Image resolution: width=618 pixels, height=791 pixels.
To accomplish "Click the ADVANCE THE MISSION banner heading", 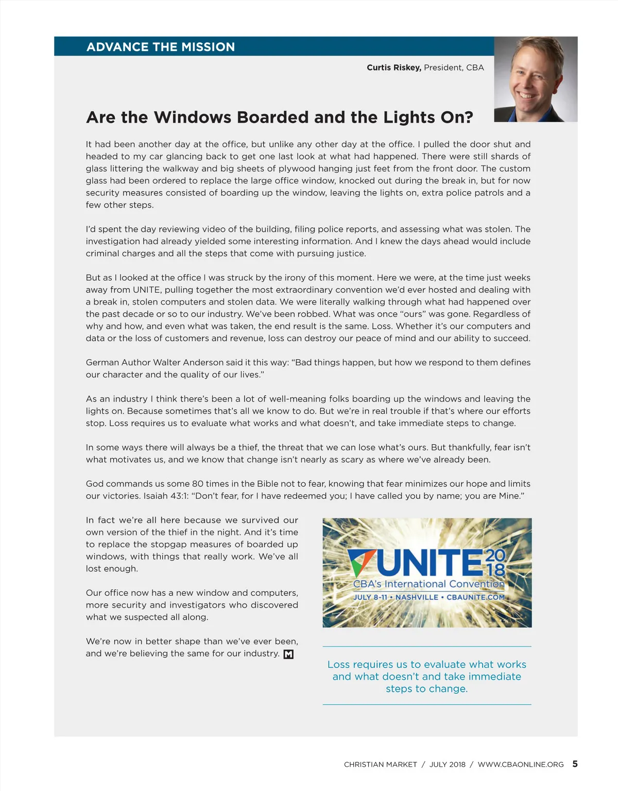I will (161, 47).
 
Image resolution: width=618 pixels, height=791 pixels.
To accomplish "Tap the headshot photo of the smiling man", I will (535, 79).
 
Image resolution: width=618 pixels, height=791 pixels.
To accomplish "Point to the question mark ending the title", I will (469, 117).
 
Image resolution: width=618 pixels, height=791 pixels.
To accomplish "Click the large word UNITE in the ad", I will (431, 563).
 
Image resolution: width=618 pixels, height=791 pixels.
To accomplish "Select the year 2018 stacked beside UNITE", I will (495, 562).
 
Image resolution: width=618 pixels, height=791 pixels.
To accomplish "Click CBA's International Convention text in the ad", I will (428, 584).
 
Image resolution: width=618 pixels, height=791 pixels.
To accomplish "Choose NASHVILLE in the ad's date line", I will (417, 597).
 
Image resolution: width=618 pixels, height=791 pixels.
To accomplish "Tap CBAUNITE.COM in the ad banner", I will (475, 597).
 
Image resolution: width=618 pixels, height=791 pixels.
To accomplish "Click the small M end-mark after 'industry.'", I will (288, 654).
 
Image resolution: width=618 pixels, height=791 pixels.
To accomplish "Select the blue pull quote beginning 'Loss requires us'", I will (427, 677).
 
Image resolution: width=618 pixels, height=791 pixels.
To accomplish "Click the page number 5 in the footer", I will (575, 764).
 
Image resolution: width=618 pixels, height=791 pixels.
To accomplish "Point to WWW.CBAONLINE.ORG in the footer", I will (521, 765).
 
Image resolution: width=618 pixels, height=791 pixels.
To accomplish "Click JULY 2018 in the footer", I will (447, 765).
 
